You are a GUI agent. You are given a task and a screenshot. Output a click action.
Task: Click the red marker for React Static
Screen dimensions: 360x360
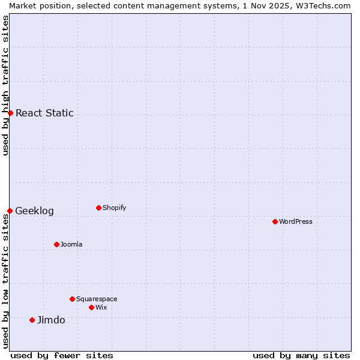click(x=10, y=113)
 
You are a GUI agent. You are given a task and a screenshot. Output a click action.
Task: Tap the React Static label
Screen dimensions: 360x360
click(x=44, y=113)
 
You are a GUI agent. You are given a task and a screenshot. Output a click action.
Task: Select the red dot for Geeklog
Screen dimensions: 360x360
click(x=10, y=211)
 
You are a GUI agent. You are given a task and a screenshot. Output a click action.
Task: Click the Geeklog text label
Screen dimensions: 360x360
click(x=34, y=211)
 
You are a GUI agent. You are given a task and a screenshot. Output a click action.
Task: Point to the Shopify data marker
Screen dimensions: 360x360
click(x=98, y=208)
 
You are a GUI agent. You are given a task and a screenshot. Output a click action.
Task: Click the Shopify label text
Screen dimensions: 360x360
click(x=114, y=208)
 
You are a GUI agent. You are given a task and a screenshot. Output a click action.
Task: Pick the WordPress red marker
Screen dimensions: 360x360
click(x=275, y=221)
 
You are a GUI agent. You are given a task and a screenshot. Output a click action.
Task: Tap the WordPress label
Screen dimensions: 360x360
click(x=295, y=221)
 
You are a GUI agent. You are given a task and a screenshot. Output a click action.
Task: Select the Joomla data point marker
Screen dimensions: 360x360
click(x=56, y=244)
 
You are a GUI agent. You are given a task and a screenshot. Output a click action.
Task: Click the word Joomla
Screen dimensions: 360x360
click(x=71, y=244)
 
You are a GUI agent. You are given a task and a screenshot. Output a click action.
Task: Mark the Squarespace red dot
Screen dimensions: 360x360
click(x=72, y=299)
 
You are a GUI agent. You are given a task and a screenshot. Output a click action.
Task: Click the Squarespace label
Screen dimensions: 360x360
click(x=97, y=299)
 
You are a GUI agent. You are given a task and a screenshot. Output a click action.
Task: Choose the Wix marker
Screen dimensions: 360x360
click(x=91, y=307)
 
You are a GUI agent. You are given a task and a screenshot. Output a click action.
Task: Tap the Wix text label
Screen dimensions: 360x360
click(x=101, y=307)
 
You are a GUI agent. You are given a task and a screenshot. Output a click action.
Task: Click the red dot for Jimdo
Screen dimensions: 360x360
click(x=32, y=320)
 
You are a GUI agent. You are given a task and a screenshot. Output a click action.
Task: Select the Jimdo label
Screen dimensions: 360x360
click(x=51, y=320)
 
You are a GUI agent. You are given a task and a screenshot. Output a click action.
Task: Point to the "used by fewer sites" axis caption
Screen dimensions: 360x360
click(x=62, y=355)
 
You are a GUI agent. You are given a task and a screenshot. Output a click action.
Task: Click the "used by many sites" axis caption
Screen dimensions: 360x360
click(x=301, y=355)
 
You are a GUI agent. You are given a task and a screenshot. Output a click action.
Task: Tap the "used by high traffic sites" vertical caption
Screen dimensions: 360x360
click(x=5, y=85)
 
